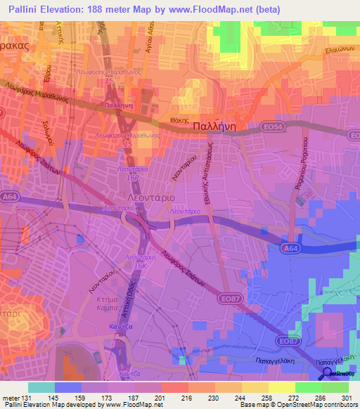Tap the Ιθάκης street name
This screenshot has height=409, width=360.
[182, 120]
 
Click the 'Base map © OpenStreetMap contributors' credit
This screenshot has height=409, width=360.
[298, 405]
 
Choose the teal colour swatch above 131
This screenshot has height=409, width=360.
[41, 387]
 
